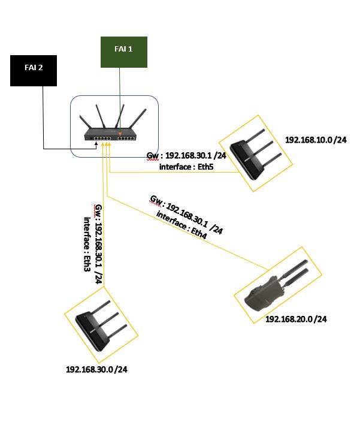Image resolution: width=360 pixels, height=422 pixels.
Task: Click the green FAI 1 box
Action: point(123,52)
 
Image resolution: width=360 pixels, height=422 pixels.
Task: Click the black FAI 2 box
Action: point(34,71)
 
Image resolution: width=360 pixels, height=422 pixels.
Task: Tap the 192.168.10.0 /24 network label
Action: point(316,140)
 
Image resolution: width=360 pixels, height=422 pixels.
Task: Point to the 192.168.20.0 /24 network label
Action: point(296,319)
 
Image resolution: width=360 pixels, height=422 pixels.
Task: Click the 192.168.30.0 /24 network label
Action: point(96,369)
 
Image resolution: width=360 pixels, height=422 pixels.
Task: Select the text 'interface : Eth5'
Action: point(186,167)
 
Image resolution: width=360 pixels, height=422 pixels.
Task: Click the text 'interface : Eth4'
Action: point(181,225)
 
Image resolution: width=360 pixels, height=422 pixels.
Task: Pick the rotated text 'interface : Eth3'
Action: point(87,244)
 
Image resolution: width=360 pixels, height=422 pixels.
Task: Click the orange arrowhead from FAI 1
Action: point(120,134)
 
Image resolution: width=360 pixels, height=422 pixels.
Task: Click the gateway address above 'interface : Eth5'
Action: point(186,156)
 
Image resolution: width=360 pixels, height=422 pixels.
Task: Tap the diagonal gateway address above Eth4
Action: point(186,215)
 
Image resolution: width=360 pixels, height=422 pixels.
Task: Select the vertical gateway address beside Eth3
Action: point(99,244)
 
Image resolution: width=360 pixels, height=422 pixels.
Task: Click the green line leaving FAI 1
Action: point(120,100)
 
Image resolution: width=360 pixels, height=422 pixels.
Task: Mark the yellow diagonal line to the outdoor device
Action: point(187,233)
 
